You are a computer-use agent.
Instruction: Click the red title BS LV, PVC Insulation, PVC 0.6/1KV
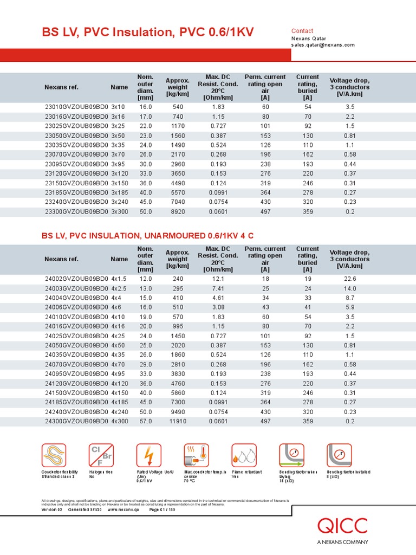pos(147,33)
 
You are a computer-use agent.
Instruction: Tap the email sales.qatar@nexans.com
pos(323,45)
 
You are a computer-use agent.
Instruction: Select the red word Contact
pos(302,31)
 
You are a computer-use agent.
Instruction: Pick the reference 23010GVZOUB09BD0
pos(76,107)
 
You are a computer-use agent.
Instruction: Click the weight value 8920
pos(178,211)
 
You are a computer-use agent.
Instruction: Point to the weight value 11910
pos(178,421)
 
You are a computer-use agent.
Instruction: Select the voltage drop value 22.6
pos(350,279)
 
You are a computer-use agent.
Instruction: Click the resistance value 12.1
pos(218,279)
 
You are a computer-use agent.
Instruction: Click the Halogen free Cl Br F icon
pos(101,456)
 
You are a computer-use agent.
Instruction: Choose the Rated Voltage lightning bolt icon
pos(148,456)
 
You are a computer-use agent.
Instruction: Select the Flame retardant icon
pos(244,456)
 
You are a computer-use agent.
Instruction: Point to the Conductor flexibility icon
pos(54,456)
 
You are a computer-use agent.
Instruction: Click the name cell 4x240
pos(120,411)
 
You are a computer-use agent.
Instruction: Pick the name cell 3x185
pos(120,191)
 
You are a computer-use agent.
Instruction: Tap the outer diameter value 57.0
pos(146,421)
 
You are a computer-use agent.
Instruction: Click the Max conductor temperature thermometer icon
pos(196,456)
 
